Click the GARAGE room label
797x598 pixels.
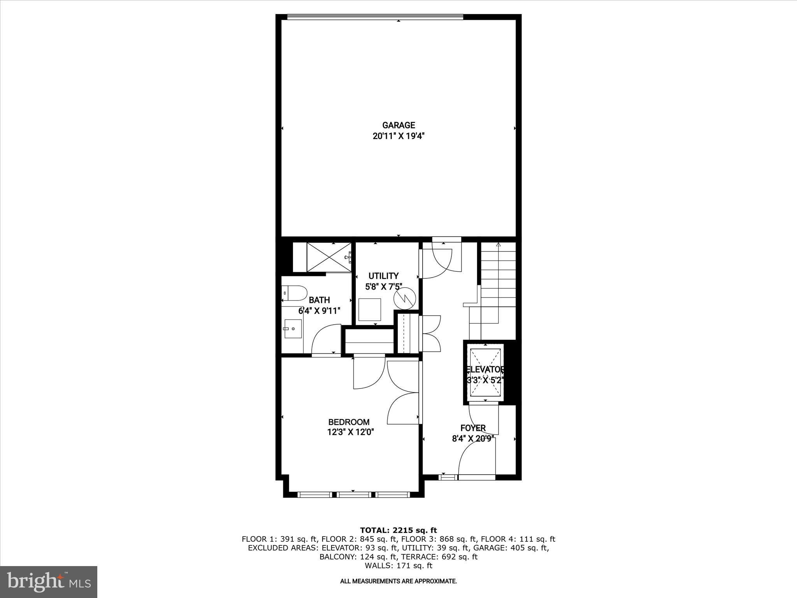(x=398, y=125)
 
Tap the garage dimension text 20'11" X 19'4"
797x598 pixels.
(x=398, y=136)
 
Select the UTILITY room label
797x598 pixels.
(x=384, y=276)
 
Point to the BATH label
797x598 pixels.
(x=319, y=300)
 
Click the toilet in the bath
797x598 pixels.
(x=295, y=293)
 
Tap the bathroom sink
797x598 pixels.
(x=293, y=329)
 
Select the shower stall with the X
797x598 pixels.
(x=329, y=257)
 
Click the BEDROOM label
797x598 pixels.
(x=349, y=422)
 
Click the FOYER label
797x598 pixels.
(x=473, y=428)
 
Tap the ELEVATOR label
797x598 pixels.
(x=485, y=369)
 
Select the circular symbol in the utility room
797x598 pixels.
(x=405, y=299)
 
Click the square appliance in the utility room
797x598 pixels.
(x=370, y=310)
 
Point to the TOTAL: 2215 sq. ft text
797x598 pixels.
(x=398, y=530)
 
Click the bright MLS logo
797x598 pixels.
(x=49, y=582)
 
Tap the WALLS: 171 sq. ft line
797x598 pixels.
(x=398, y=566)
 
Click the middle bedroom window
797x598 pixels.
(x=354, y=495)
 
